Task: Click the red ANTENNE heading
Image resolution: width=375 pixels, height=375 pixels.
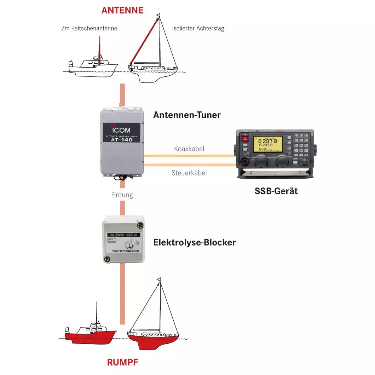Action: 122,10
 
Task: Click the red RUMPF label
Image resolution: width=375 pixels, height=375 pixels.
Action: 122,362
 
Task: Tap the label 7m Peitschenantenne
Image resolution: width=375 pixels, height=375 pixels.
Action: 89,28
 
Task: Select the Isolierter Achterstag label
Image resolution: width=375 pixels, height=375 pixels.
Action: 198,29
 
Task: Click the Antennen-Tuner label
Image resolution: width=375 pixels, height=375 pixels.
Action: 187,115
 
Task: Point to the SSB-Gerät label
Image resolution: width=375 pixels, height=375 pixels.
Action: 276,191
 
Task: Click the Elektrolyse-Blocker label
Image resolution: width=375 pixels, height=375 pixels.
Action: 194,242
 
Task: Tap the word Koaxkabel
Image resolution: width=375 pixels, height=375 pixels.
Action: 189,149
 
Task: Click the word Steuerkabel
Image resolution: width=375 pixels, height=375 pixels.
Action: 189,173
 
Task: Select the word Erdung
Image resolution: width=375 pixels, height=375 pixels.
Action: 122,195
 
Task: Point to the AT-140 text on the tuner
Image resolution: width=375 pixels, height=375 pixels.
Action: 122,140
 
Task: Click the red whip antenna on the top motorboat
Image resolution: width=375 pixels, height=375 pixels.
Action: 99,51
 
